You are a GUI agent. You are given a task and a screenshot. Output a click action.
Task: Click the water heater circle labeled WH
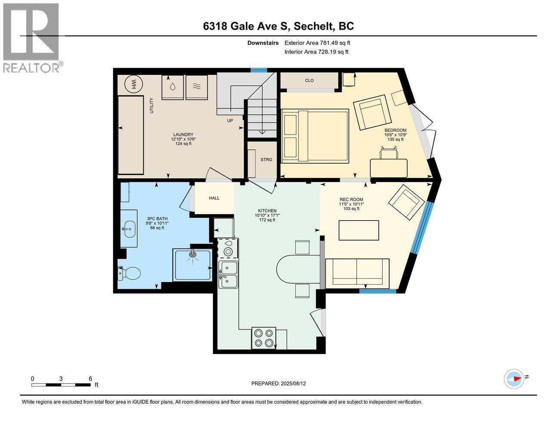pyautogui.click(x=133, y=84)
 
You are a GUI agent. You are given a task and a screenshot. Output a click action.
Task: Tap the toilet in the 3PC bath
pyautogui.click(x=129, y=273)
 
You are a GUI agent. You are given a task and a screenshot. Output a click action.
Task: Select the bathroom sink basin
pyautogui.click(x=129, y=229)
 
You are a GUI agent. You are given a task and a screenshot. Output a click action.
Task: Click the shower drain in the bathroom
pyautogui.click(x=193, y=254)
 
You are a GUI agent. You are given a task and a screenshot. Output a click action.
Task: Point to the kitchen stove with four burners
pyautogui.click(x=263, y=338)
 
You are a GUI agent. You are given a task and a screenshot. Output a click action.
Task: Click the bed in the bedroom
pyautogui.click(x=315, y=136)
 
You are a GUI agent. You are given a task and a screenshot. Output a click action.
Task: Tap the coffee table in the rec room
pyautogui.click(x=359, y=230)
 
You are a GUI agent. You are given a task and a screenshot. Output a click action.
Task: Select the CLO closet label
pyautogui.click(x=309, y=80)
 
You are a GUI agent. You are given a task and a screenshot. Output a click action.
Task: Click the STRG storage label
pyautogui.click(x=266, y=160)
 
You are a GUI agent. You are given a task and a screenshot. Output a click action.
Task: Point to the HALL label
pyautogui.click(x=214, y=198)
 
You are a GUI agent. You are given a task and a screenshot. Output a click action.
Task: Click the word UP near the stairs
pyautogui.click(x=230, y=120)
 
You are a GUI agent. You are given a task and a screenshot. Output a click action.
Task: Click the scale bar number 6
pyautogui.click(x=90, y=378)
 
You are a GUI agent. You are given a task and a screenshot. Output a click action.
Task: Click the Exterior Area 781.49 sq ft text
pyautogui.click(x=317, y=43)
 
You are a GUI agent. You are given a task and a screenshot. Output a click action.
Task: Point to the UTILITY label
pyautogui.click(x=152, y=105)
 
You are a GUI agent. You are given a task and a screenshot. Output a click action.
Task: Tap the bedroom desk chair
pyautogui.click(x=389, y=153)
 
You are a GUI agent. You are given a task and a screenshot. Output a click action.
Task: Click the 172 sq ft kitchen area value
pyautogui.click(x=267, y=220)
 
